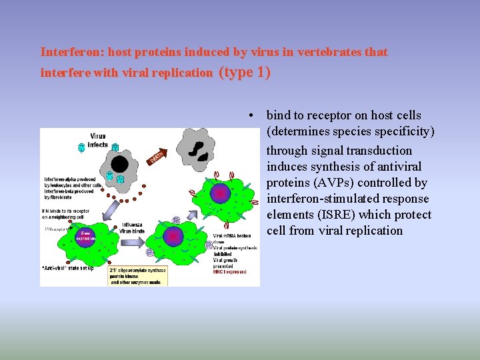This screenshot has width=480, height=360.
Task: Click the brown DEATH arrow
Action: (x=156, y=158)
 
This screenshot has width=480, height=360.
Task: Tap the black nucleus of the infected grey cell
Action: (x=119, y=164)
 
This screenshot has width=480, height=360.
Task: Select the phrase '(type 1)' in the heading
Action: (x=245, y=72)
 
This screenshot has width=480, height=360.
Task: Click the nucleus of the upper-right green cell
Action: (x=219, y=193)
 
